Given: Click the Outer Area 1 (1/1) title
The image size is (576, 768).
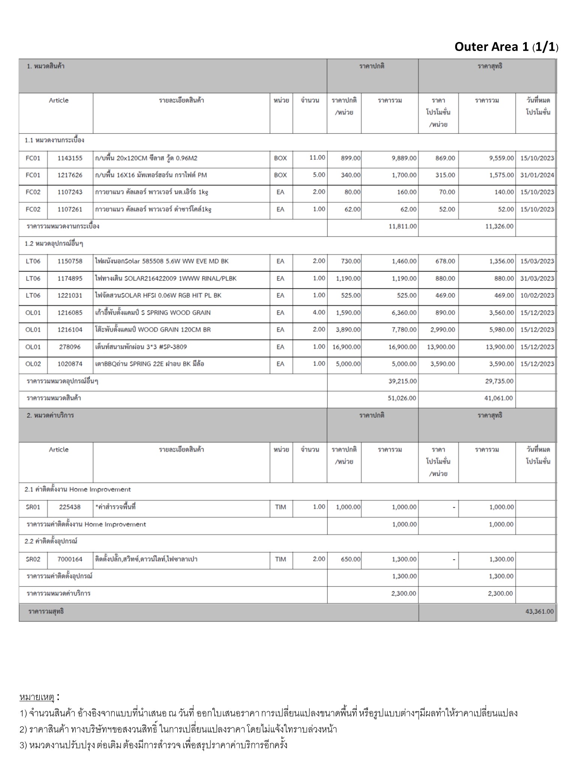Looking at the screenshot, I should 506,47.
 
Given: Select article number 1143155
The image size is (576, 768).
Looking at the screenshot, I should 70,158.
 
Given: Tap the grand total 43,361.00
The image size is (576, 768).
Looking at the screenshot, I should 539,611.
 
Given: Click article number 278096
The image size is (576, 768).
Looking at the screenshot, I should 70,347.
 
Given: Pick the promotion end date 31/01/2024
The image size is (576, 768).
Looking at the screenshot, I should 537,175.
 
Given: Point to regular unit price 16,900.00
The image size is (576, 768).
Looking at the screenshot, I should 346,347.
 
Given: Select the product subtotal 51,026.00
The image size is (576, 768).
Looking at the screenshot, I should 402,398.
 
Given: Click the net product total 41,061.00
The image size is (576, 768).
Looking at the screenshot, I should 498,398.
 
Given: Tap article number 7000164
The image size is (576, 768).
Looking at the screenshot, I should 70,559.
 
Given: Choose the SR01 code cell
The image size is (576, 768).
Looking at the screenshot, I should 33,507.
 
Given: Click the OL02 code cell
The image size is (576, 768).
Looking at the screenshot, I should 33,364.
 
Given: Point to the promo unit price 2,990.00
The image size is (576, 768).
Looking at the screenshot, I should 441,330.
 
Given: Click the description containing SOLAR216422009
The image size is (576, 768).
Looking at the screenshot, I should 166,278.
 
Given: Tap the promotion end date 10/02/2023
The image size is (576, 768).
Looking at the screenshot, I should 537,295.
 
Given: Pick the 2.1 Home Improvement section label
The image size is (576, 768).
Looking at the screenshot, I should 78,489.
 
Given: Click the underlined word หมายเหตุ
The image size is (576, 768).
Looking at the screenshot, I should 37,697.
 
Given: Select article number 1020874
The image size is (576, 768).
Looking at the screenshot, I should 70,364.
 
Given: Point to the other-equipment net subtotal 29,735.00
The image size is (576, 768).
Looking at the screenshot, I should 499,381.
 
